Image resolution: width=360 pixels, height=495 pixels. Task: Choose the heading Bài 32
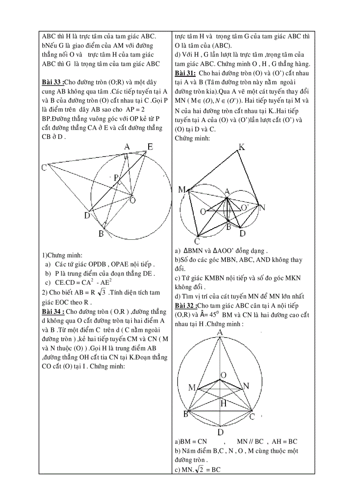point(185,305)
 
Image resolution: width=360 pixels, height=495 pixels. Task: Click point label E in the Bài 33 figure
point(150,147)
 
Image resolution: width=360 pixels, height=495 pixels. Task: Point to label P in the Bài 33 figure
point(116,178)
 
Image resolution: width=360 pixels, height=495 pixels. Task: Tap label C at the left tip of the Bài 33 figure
point(44,168)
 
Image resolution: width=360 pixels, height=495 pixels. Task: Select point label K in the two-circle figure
point(241,147)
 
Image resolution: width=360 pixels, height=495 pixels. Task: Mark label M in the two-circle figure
point(182,190)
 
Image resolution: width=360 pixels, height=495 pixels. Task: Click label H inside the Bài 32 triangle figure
point(224,403)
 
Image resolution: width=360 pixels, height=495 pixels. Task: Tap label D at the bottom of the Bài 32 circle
point(220,432)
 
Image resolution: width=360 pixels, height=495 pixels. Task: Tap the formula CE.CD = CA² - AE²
point(83,283)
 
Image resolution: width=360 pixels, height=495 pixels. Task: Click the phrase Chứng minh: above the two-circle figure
point(192,138)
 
